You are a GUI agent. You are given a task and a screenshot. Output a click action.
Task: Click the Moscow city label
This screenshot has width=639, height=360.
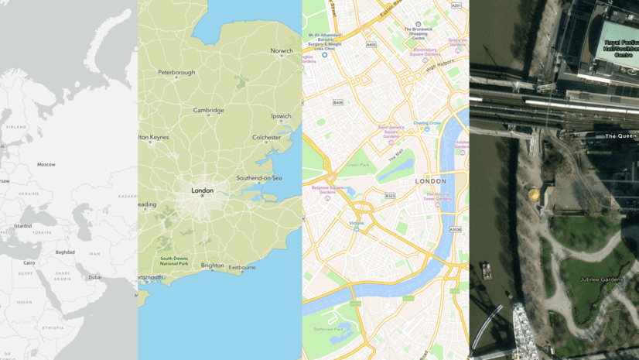coord(46,164)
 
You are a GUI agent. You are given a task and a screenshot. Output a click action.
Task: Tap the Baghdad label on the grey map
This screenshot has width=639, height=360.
coord(65,252)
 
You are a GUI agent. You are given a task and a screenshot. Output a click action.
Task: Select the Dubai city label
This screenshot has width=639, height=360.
coord(95,276)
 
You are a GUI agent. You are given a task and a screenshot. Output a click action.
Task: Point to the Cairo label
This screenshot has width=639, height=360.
coord(29,263)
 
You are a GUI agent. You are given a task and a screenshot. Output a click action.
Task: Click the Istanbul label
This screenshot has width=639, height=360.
coord(23,226)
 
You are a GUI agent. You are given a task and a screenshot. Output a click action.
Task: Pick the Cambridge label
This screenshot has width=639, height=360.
coord(208,111)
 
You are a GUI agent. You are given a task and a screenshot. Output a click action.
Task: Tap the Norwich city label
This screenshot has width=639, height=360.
coord(282,51)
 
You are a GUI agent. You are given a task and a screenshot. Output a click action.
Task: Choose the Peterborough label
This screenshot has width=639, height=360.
coord(176,73)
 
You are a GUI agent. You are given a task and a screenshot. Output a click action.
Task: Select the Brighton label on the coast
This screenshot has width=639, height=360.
coord(213,265)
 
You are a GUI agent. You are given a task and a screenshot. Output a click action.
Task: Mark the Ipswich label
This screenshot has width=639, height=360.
coord(281,117)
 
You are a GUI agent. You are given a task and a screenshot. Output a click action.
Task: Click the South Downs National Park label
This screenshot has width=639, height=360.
coord(174,261)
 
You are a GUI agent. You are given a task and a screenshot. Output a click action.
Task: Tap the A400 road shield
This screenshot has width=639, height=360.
coord(371,45)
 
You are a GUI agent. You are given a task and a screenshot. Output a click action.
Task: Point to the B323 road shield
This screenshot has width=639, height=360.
coord(391,196)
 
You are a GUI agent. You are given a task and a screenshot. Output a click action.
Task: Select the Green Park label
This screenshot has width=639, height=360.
coord(358,165)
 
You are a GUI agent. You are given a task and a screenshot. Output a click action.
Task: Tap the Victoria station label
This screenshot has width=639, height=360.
coord(356,224)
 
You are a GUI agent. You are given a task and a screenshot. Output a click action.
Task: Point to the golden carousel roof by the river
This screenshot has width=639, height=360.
coord(533,193)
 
